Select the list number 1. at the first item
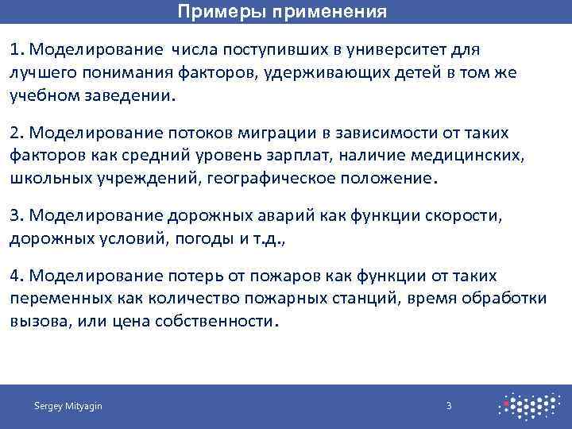click(18, 50)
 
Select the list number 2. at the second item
click(19, 132)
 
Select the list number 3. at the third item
click(19, 214)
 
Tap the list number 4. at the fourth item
click(19, 276)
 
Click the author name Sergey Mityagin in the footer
click(68, 406)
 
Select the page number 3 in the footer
click(449, 406)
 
